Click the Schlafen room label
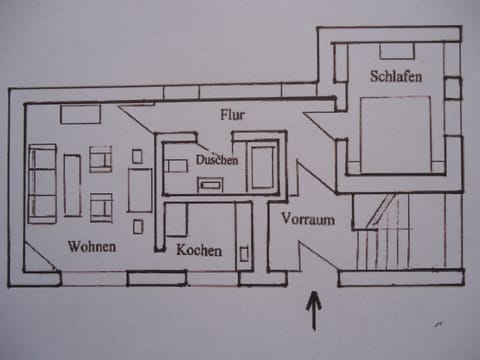pyautogui.click(x=394, y=77)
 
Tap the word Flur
pyautogui.click(x=232, y=115)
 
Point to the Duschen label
pyautogui.click(x=217, y=159)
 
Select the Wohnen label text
pyautogui.click(x=92, y=246)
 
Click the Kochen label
pyautogui.click(x=199, y=250)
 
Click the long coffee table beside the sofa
pyautogui.click(x=72, y=184)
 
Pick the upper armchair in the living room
pyautogui.click(x=101, y=159)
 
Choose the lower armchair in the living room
pyautogui.click(x=101, y=207)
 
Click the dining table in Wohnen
pyautogui.click(x=139, y=190)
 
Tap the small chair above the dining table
pyautogui.click(x=137, y=156)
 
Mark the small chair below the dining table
pyautogui.click(x=138, y=226)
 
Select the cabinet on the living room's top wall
pyautogui.click(x=80, y=114)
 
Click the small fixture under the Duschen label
pyautogui.click(x=212, y=183)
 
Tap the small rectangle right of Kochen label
pyautogui.click(x=244, y=253)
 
